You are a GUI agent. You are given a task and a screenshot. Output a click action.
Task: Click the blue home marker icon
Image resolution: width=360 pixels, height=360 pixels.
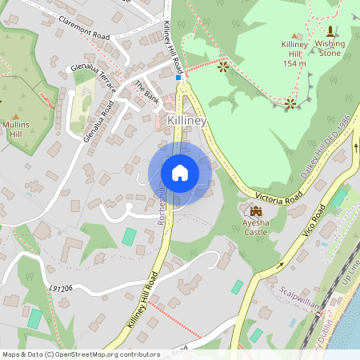pyautogui.click(x=180, y=172)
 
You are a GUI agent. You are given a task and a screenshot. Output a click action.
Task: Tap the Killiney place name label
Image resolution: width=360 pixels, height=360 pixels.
pyautogui.click(x=187, y=120)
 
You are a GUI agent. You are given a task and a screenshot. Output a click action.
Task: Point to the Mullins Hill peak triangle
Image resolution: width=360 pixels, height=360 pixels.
pyautogui.click(x=15, y=118)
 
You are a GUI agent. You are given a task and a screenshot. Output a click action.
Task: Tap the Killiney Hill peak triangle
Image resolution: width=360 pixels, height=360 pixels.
pyautogui.click(x=298, y=35)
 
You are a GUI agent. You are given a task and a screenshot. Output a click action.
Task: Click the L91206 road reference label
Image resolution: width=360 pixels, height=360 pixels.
pyautogui.click(x=60, y=287)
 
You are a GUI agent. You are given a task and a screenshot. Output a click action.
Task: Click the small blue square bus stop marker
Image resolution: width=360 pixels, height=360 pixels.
pyautogui.click(x=178, y=78)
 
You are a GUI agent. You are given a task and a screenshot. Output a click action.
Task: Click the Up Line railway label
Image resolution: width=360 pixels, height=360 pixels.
pyautogui.click(x=350, y=274)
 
